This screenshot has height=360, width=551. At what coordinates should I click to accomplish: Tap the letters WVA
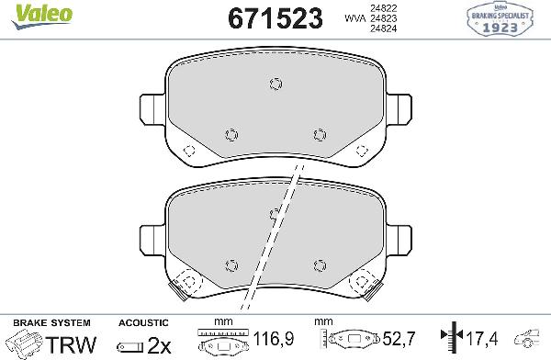(x=352, y=17)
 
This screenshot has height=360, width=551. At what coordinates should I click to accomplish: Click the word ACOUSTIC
(x=143, y=322)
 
